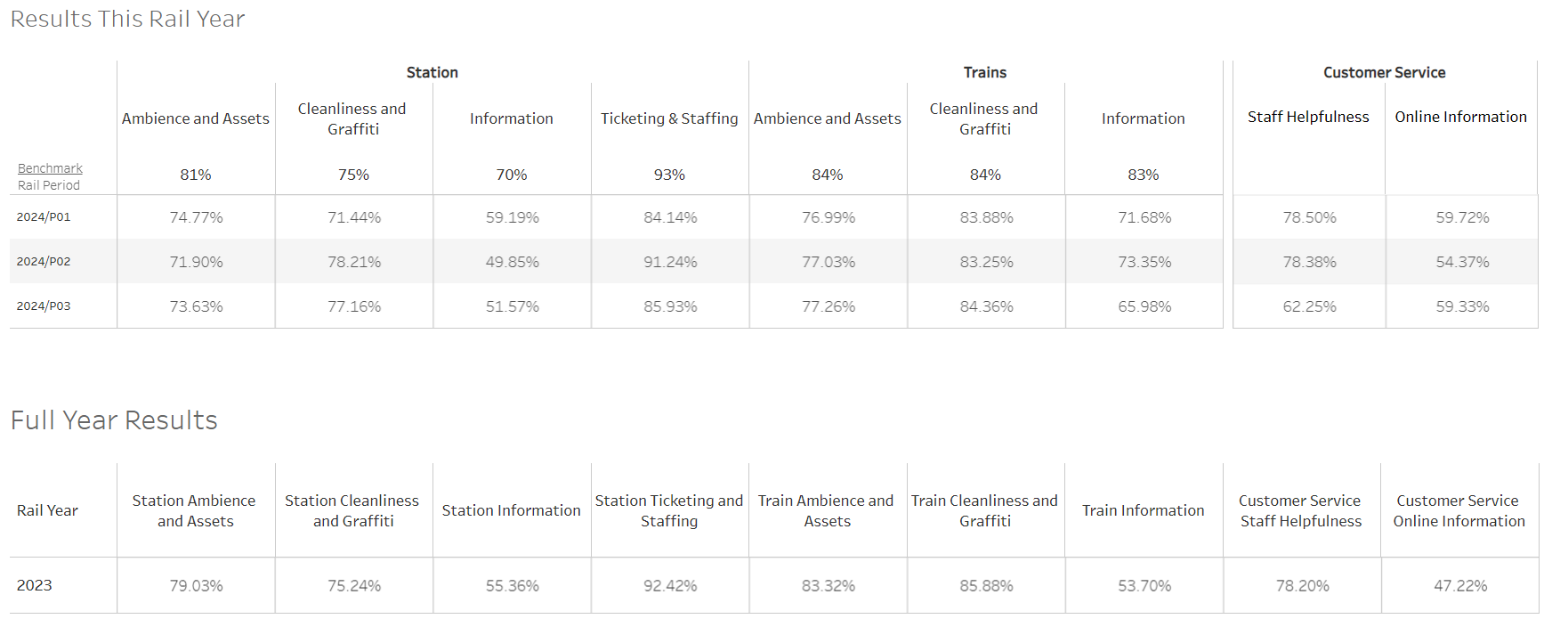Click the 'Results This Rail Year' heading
pyautogui.click(x=127, y=19)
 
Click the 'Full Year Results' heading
pyautogui.click(x=114, y=420)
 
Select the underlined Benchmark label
pyautogui.click(x=50, y=168)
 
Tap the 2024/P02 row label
pyautogui.click(x=44, y=262)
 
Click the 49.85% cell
pyautogui.click(x=513, y=262)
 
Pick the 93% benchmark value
pyautogui.click(x=669, y=175)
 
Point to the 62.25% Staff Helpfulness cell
pyautogui.click(x=1309, y=306)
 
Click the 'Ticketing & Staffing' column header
pyautogui.click(x=669, y=118)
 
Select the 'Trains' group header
pyautogui.click(x=985, y=73)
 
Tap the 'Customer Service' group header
pyautogui.click(x=1384, y=73)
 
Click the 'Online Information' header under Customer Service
pyautogui.click(x=1460, y=117)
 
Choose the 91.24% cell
pyautogui.click(x=670, y=262)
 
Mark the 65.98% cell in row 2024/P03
pyautogui.click(x=1144, y=306)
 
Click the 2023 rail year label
pyautogui.click(x=35, y=585)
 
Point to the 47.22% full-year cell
pyautogui.click(x=1460, y=586)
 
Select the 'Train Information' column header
pyautogui.click(x=1143, y=510)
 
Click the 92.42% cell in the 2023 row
pyautogui.click(x=670, y=586)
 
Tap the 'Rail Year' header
pyautogui.click(x=47, y=510)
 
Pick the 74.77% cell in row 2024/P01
pyautogui.click(x=197, y=217)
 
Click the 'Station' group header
pyautogui.click(x=432, y=73)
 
